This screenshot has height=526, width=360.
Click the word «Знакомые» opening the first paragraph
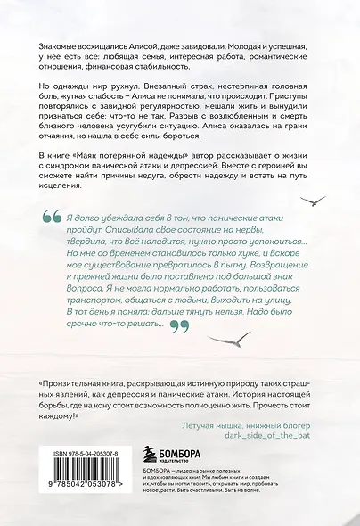[x=61, y=47]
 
